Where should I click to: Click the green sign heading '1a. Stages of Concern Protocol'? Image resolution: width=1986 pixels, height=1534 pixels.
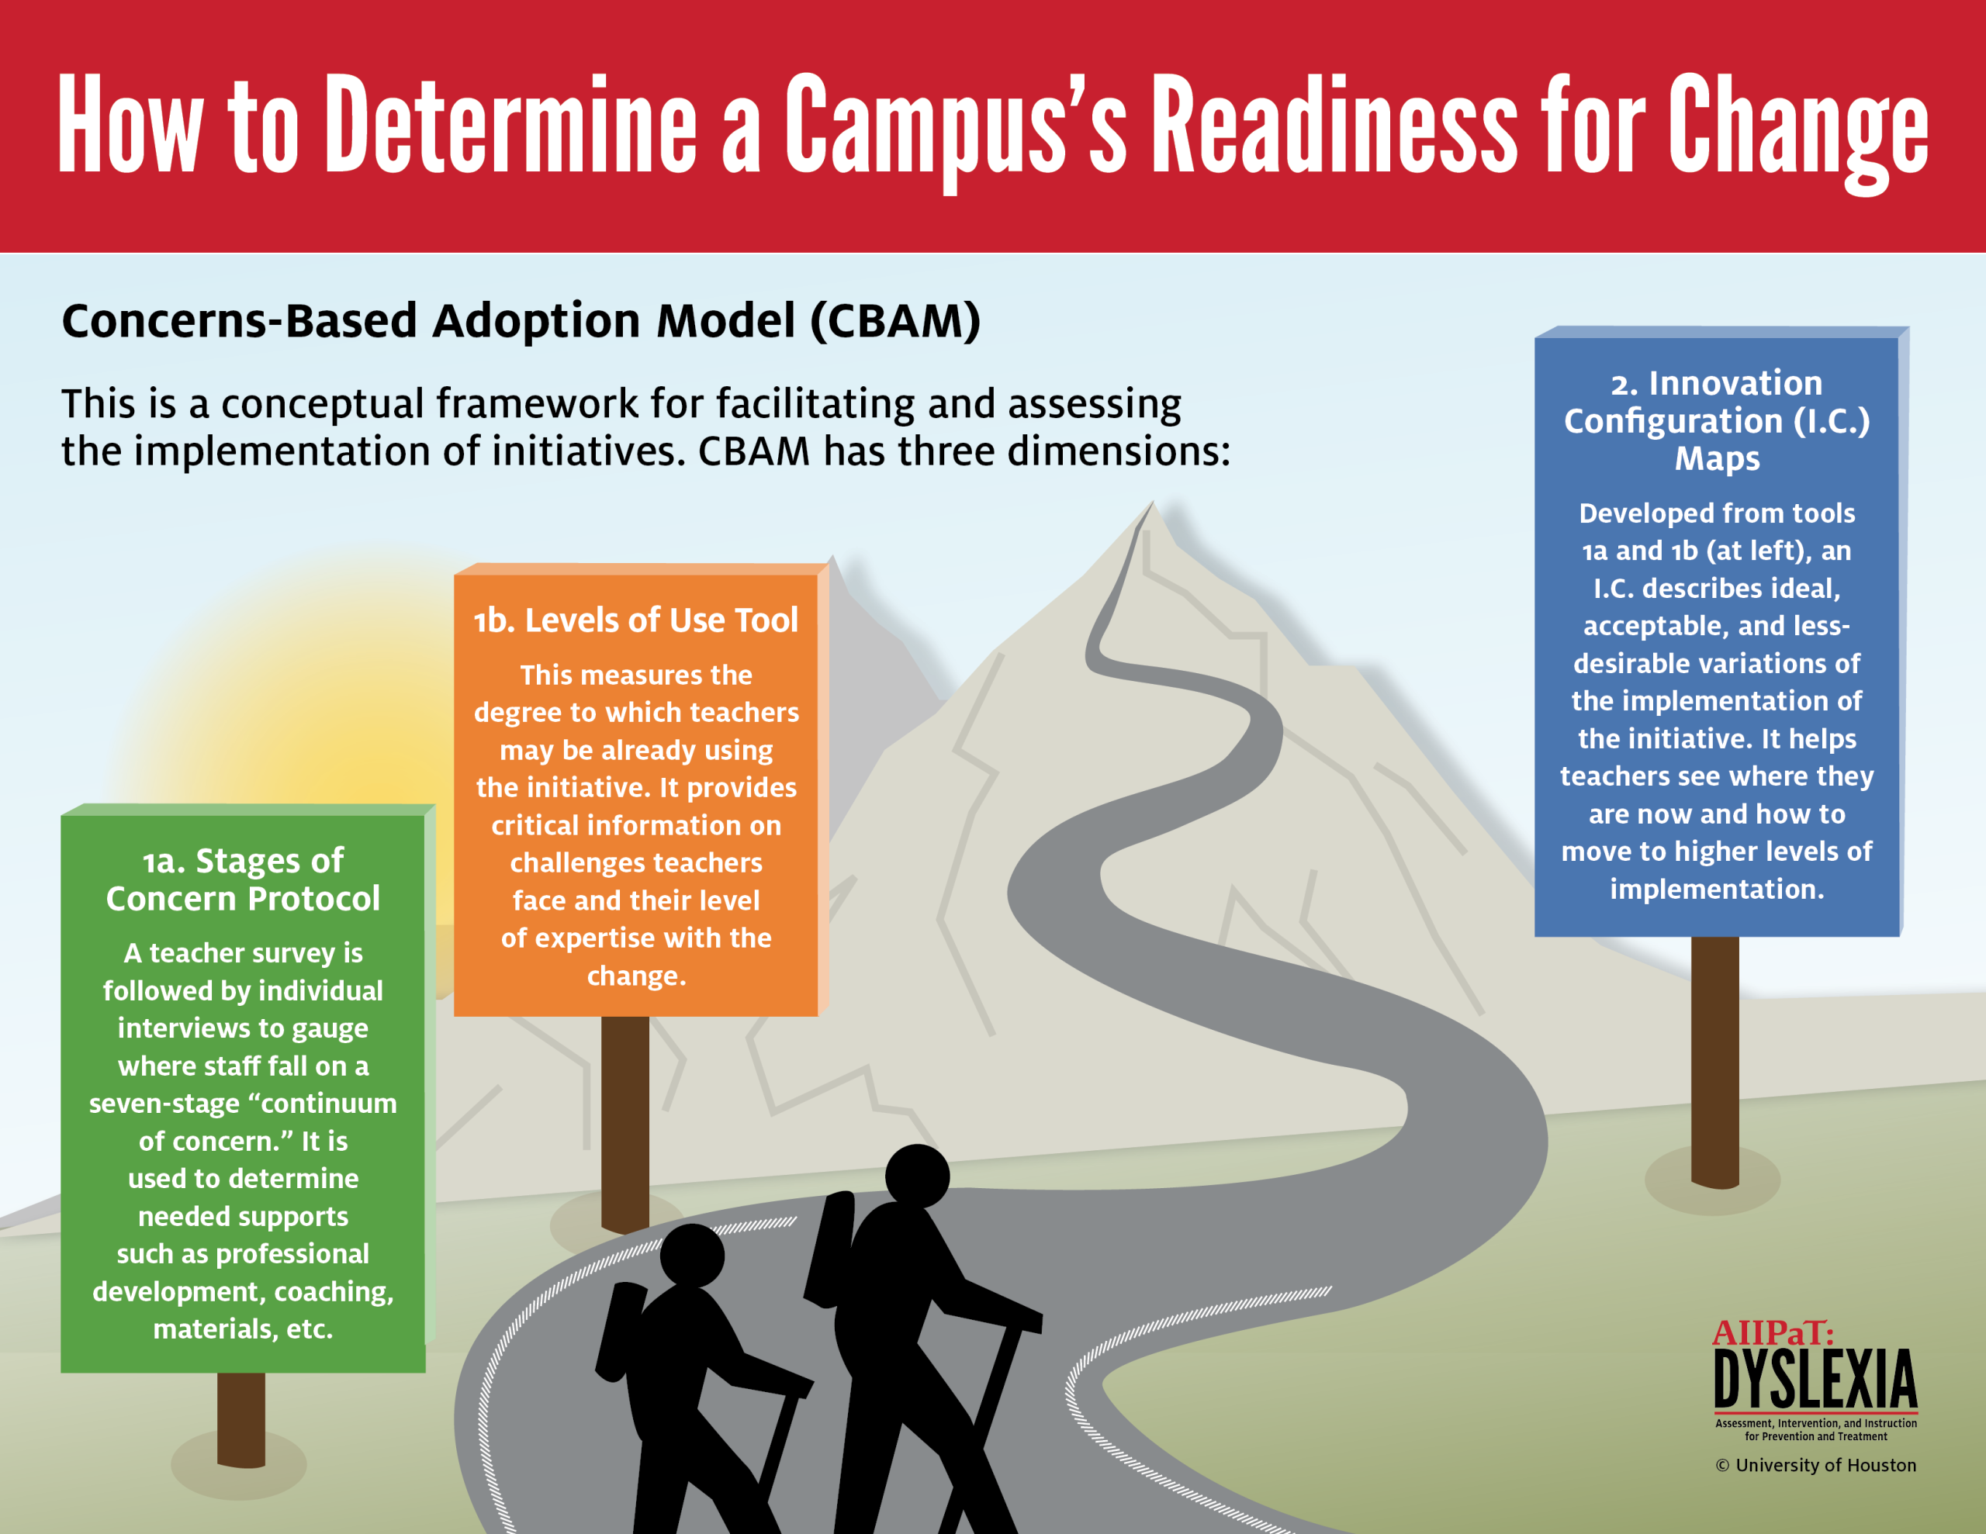[243, 879]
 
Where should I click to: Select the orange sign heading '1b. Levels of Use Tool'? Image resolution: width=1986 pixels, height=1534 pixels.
[635, 620]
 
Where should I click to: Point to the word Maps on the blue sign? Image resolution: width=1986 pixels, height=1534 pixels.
[1717, 459]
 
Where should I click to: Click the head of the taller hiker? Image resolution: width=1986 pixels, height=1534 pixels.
[917, 1176]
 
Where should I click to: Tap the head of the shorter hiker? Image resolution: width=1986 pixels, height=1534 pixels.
[692, 1256]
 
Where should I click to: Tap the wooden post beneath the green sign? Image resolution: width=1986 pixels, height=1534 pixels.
[241, 1419]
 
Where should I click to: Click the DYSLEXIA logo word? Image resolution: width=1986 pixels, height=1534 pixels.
[1815, 1379]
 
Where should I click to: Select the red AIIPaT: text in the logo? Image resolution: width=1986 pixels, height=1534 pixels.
[1773, 1333]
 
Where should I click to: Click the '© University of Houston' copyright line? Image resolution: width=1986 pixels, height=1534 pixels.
[1816, 1465]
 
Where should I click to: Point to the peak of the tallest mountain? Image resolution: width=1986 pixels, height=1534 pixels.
[1152, 501]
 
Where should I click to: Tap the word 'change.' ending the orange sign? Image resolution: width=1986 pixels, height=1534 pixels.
[635, 976]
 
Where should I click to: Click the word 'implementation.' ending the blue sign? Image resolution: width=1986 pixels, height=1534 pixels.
[1717, 890]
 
